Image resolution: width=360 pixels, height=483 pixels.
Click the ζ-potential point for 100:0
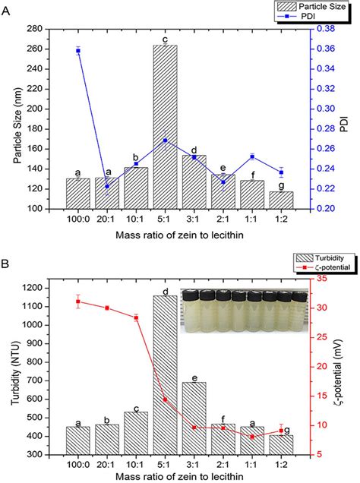point(78,301)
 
